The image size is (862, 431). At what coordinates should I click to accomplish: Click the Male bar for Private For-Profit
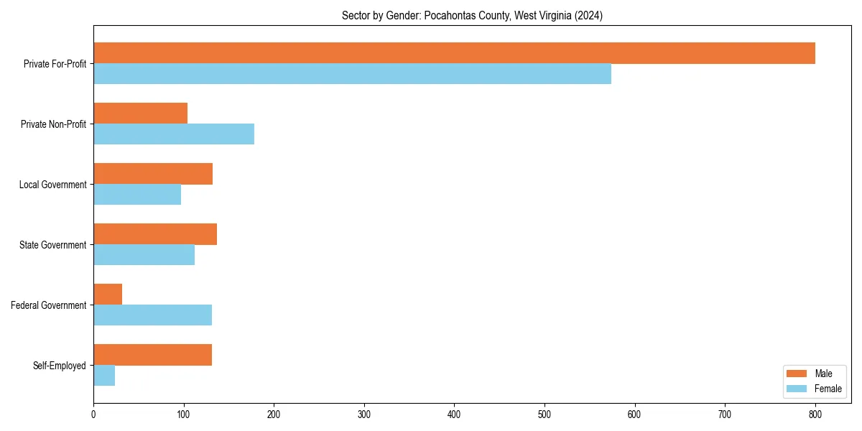tap(454, 53)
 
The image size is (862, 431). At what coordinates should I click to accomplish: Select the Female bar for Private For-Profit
tap(352, 74)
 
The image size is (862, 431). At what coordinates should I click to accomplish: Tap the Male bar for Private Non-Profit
tap(140, 113)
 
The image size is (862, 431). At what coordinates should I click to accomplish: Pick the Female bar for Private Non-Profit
tap(174, 134)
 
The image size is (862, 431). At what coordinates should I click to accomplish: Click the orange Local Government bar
tap(153, 174)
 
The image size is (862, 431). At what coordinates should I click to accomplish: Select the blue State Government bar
tap(144, 255)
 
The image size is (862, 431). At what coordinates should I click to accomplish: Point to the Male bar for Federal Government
tap(108, 295)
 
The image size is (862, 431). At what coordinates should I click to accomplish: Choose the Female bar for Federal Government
tap(152, 315)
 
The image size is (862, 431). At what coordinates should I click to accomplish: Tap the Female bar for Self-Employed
tap(104, 376)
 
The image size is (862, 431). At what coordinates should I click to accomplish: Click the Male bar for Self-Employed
tap(152, 355)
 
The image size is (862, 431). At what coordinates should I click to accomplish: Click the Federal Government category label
tap(48, 305)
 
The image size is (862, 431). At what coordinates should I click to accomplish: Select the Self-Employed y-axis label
tap(59, 366)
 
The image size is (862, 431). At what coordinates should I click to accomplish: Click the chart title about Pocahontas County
tap(472, 15)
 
